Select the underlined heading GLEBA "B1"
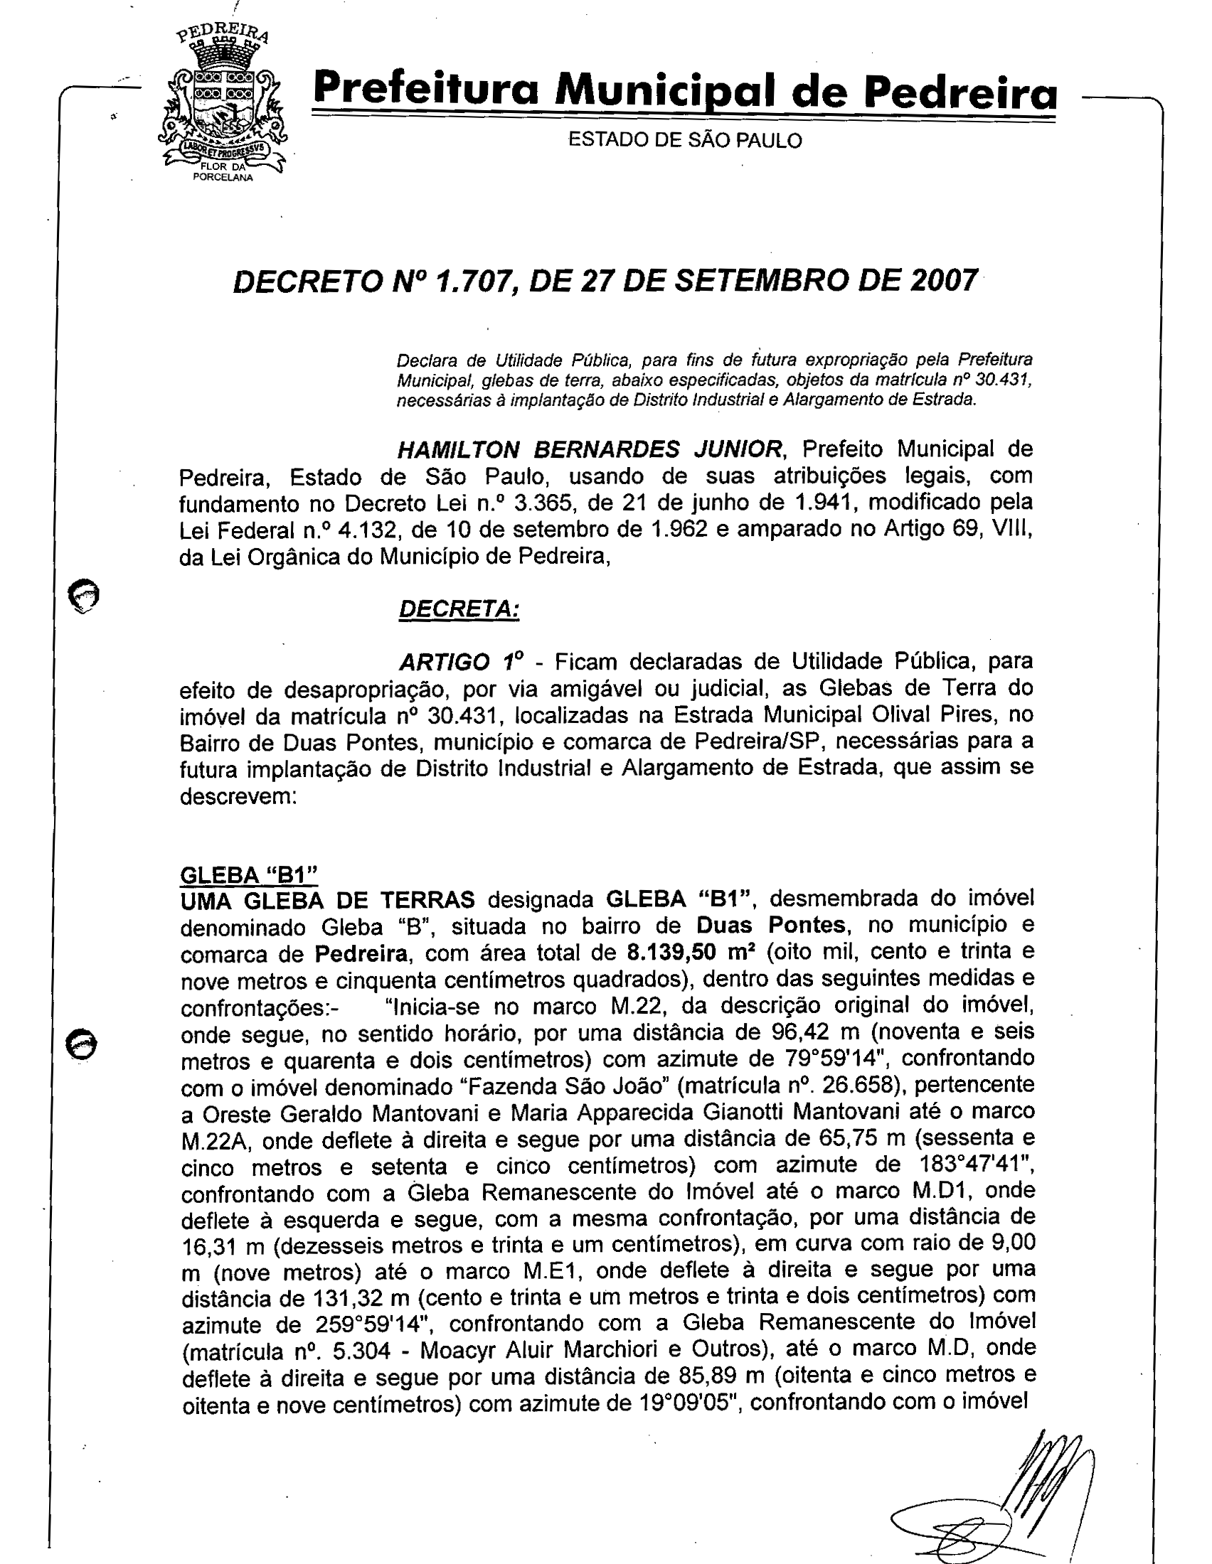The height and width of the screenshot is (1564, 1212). (x=248, y=875)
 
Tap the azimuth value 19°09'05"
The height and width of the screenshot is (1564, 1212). (x=688, y=1402)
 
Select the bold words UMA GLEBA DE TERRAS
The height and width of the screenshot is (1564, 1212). (x=327, y=899)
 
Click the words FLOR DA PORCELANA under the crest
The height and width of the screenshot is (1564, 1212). (x=223, y=173)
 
